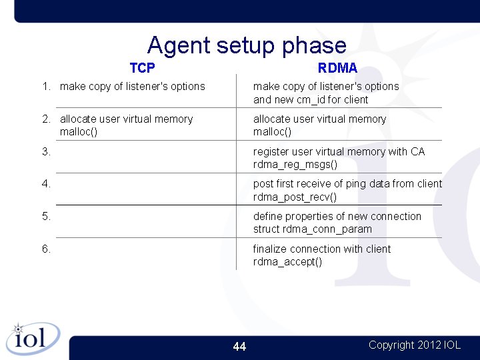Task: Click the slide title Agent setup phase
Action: (247, 45)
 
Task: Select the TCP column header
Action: (142, 68)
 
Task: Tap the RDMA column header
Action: (337, 68)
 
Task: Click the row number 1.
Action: (46, 87)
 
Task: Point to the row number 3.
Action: (46, 152)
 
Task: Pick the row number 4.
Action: (46, 184)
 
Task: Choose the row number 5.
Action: (46, 217)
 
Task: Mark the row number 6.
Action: (46, 249)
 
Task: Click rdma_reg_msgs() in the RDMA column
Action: (295, 165)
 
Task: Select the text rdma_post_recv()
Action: (295, 197)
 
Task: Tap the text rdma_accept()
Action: (287, 262)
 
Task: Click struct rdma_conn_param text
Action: (312, 229)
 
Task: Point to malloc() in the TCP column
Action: (79, 132)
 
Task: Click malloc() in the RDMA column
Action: (272, 132)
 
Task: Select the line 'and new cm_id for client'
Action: (311, 100)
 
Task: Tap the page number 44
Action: (239, 347)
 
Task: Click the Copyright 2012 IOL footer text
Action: (414, 345)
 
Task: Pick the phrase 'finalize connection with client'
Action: (322, 249)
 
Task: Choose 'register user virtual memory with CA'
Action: (339, 152)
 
